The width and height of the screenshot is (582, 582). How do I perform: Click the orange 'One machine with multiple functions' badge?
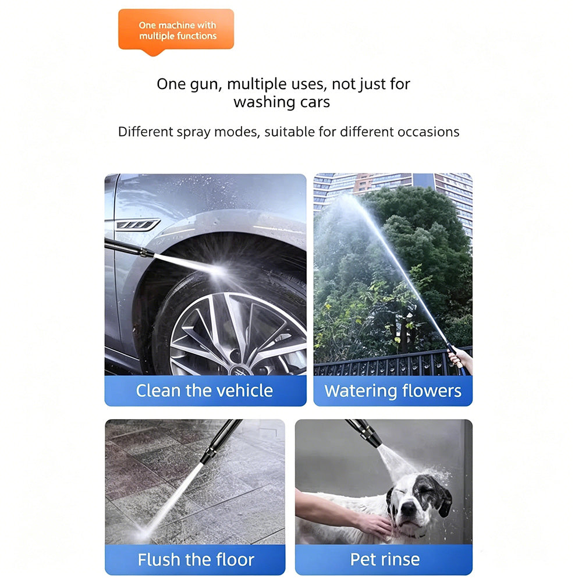tap(176, 30)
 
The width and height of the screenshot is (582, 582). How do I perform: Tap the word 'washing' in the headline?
tap(264, 102)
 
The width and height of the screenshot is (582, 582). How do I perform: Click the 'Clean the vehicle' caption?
tap(204, 391)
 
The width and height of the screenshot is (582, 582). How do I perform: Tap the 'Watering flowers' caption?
tap(393, 391)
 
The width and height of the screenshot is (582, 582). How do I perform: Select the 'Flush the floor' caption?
tap(196, 559)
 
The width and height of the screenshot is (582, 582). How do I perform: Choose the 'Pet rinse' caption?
tap(385, 559)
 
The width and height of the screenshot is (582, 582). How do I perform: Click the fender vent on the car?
tap(138, 225)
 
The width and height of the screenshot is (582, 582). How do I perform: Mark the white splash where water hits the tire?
tap(219, 271)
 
